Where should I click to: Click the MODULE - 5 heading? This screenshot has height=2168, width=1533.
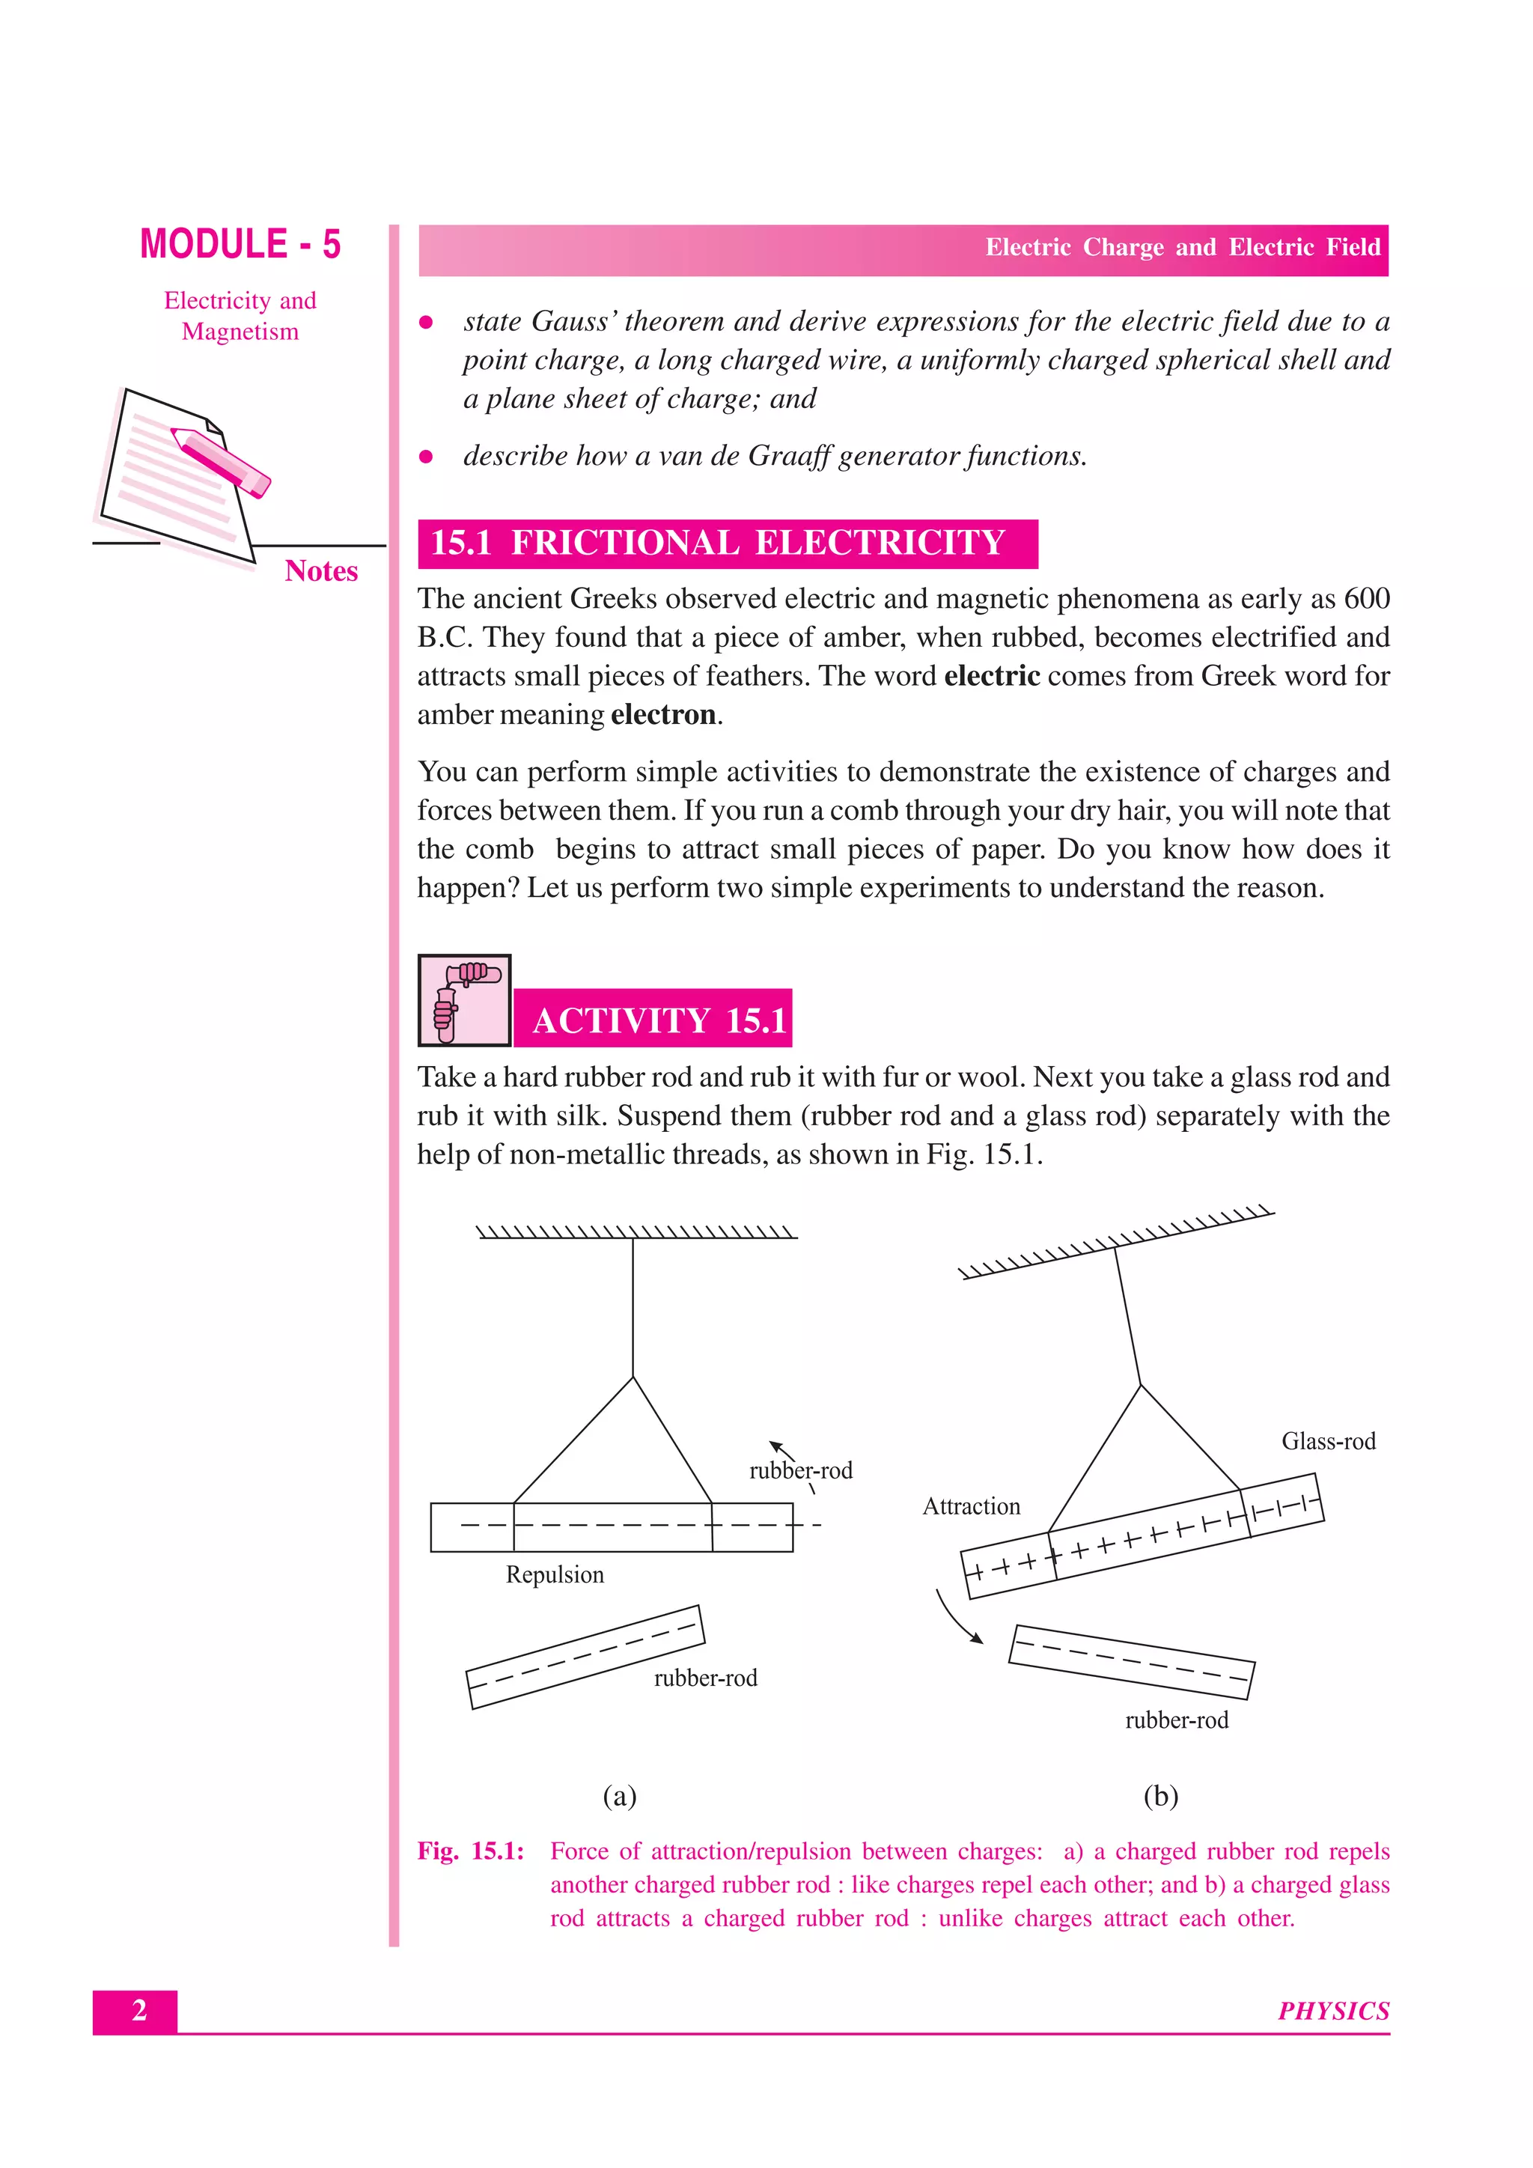click(x=240, y=245)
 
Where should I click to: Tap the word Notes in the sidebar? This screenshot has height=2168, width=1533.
click(x=321, y=571)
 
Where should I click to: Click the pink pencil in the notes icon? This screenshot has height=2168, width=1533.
click(x=221, y=462)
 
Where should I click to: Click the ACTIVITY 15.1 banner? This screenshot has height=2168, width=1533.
click(x=658, y=1020)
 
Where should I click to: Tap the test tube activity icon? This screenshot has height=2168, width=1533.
click(x=464, y=1000)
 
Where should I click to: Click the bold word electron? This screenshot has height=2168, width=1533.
click(x=662, y=715)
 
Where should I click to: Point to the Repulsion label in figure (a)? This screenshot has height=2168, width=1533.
click(x=554, y=1574)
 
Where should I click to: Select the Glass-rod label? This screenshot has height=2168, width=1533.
click(x=1327, y=1441)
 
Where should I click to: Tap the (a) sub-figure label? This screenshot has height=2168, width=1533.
click(x=619, y=1795)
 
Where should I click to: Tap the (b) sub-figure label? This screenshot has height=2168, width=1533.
click(x=1160, y=1795)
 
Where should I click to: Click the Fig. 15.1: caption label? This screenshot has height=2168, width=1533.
click(x=470, y=1851)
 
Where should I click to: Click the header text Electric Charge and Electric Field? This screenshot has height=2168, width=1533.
click(x=1182, y=247)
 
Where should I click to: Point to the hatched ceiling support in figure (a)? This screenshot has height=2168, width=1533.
click(x=636, y=1232)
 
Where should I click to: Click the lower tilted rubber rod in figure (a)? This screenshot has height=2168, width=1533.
click(x=585, y=1657)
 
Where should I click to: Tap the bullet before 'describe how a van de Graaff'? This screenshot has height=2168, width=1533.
click(x=426, y=457)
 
